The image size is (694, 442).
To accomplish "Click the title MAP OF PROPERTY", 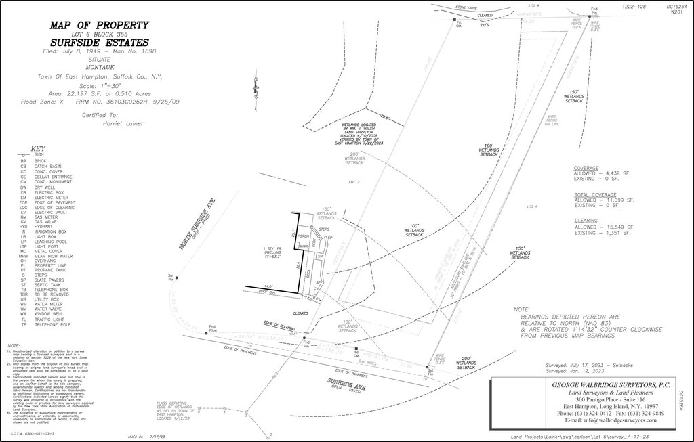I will (99, 26).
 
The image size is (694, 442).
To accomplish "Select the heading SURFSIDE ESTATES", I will (99, 43).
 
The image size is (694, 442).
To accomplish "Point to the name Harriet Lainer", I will (122, 124).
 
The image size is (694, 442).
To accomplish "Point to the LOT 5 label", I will (531, 206).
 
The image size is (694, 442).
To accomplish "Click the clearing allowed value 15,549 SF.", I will (618, 226).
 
